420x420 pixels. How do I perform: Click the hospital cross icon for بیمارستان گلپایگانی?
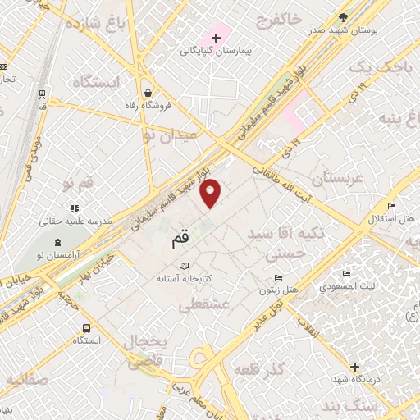216,38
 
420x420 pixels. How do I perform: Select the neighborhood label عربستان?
336,178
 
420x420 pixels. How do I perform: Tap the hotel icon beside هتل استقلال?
392,206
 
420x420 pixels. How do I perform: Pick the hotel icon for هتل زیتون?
280,277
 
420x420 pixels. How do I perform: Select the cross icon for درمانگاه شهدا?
354,367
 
